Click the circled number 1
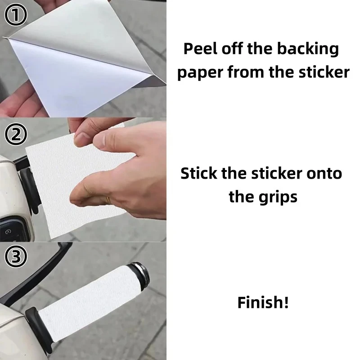pos(15,15)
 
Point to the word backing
pos(308,49)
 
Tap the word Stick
pos(198,173)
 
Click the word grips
pos(278,198)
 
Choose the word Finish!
pos(263,302)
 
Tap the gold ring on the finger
pos(108,199)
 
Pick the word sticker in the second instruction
pos(276,173)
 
